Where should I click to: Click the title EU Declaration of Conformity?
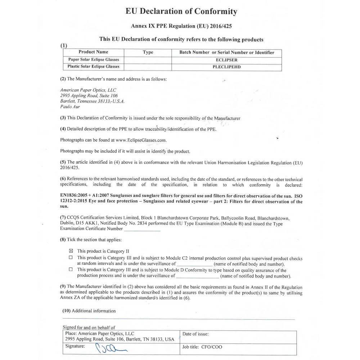pyautogui.click(x=181, y=11)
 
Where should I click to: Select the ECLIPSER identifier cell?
pyautogui.click(x=226, y=60)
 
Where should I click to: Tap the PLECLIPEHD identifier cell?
pyautogui.click(x=226, y=67)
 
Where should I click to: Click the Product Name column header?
pyautogui.click(x=93, y=52)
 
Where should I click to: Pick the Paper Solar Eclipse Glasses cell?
pyautogui.click(x=93, y=60)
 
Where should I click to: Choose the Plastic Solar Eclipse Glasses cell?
pyautogui.click(x=93, y=67)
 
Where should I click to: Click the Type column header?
pyautogui.click(x=148, y=52)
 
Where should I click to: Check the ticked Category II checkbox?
pyautogui.click(x=71, y=251)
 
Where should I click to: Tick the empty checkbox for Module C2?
pyautogui.click(x=71, y=258)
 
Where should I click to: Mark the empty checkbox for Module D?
pyautogui.click(x=71, y=270)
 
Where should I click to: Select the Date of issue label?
pyautogui.click(x=195, y=334)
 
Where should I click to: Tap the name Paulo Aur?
pyautogui.click(x=70, y=107)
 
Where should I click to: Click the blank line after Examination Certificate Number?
pyautogui.click(x=142, y=229)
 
